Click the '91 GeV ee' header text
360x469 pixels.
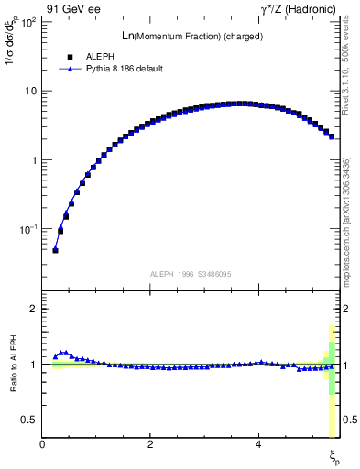[72, 9]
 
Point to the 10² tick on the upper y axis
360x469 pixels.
[27, 22]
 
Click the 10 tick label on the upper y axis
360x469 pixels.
[30, 91]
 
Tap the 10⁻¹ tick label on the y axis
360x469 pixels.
[27, 229]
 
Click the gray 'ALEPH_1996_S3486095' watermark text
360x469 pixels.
[189, 274]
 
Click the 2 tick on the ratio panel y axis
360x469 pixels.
[34, 310]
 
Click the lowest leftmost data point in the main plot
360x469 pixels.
[55, 250]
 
